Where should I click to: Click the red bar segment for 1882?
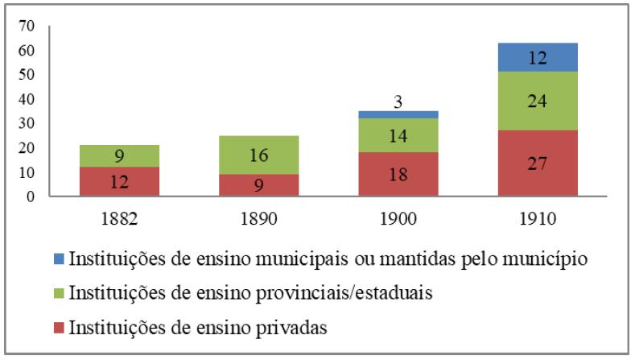119,181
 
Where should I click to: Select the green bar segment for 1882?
119,156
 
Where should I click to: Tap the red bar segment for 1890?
258,185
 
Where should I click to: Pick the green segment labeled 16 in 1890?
258,155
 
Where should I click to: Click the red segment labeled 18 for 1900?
398,174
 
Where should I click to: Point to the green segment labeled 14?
398,135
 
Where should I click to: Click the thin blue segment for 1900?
398,114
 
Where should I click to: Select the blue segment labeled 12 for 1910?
538,57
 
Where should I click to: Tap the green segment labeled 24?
538,101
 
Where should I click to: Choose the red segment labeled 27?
538,163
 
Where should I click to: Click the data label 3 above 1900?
398,101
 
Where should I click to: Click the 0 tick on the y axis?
31,197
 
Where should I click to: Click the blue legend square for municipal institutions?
60,259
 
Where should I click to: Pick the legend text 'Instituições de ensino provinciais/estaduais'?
251,293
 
